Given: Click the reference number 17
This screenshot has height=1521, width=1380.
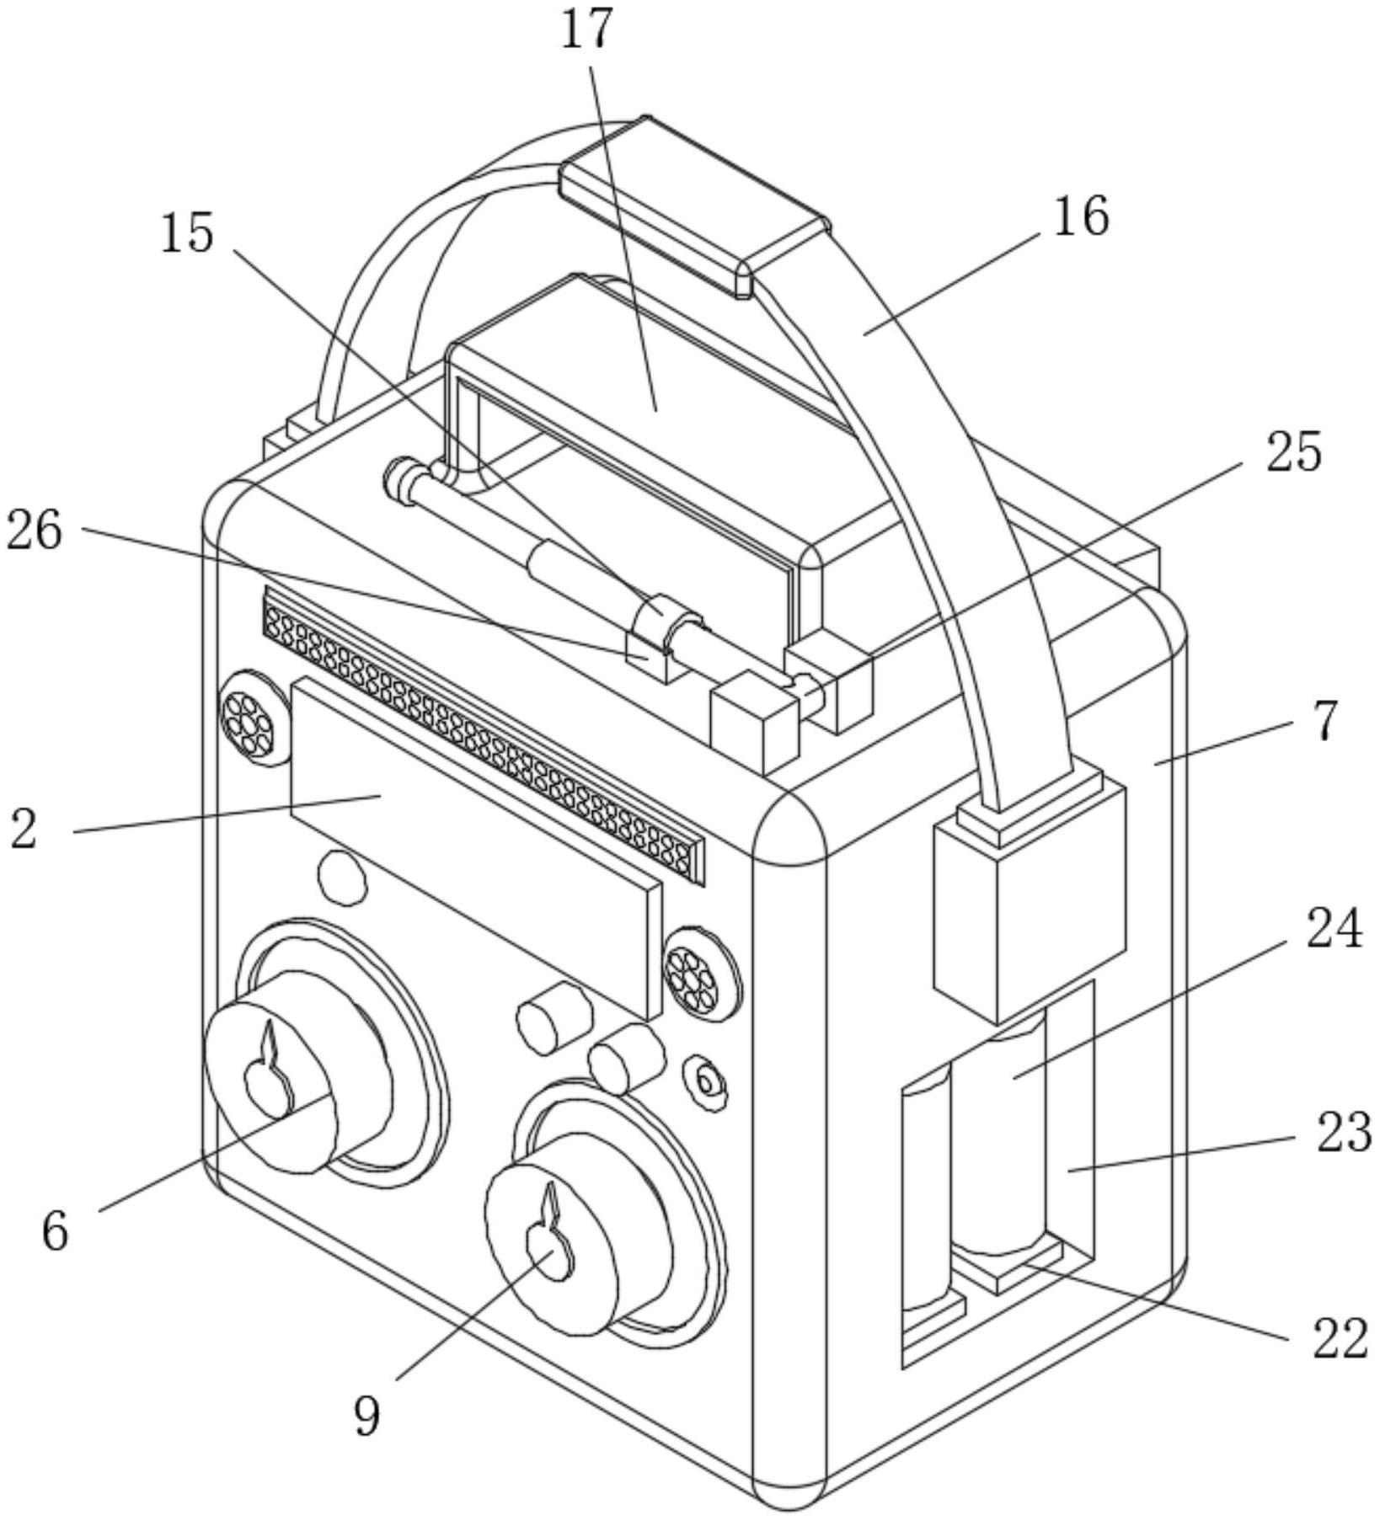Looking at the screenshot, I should pos(587,30).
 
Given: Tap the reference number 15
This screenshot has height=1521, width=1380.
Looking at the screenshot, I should pos(188,233).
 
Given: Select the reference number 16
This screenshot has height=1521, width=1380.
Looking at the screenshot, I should pos(1082,216).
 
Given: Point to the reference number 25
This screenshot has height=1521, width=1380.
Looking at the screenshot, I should pos(1292,452).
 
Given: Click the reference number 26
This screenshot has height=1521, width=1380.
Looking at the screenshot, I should pos(35,531).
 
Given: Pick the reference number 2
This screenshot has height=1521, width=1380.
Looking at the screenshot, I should pos(24,830).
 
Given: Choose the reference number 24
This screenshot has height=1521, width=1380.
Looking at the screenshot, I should pos(1334,930).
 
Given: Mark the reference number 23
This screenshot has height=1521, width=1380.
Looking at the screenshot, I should pos(1344,1132).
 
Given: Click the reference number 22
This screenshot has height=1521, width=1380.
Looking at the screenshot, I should pos(1339,1339).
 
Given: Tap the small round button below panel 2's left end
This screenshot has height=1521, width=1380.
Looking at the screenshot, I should pos(342,878).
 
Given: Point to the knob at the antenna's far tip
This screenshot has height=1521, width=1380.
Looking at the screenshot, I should pos(398,480).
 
